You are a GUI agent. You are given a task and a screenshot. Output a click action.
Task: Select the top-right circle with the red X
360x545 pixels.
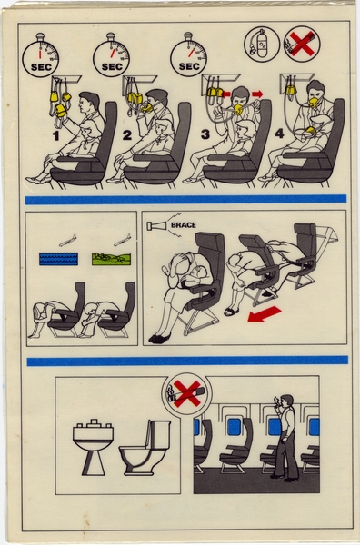coord(301,44)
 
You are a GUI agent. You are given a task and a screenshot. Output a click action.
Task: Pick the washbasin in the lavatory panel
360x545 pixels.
coord(91,444)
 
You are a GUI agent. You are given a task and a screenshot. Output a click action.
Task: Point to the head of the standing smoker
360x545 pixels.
coord(284,401)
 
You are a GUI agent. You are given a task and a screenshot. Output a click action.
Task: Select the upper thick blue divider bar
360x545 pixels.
coord(186,199)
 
